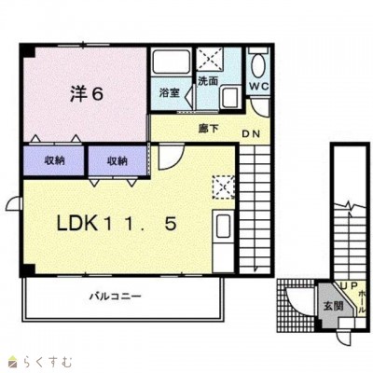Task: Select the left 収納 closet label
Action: (x=55, y=160)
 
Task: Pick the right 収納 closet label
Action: (x=117, y=160)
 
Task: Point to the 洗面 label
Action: (x=207, y=81)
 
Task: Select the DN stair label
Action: (x=252, y=134)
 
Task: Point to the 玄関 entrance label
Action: (x=333, y=305)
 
